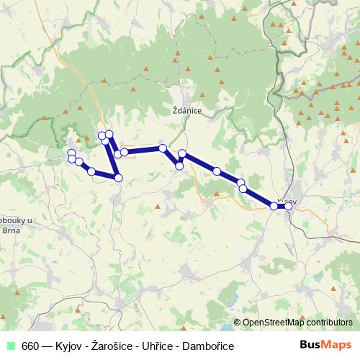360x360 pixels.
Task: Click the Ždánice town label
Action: (x=186, y=112)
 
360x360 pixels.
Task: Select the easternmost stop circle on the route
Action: (x=289, y=206)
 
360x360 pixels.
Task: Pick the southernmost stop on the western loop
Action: (x=118, y=177)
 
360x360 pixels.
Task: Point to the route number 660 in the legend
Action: (x=30, y=346)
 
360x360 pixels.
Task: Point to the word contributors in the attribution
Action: (x=327, y=323)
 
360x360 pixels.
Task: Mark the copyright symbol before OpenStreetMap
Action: (x=237, y=323)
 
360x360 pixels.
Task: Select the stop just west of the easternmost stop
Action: (x=274, y=206)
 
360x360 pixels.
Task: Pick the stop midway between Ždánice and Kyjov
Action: (x=217, y=171)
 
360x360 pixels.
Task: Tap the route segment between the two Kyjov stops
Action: (x=282, y=206)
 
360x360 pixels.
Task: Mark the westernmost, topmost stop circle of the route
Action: (x=71, y=153)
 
